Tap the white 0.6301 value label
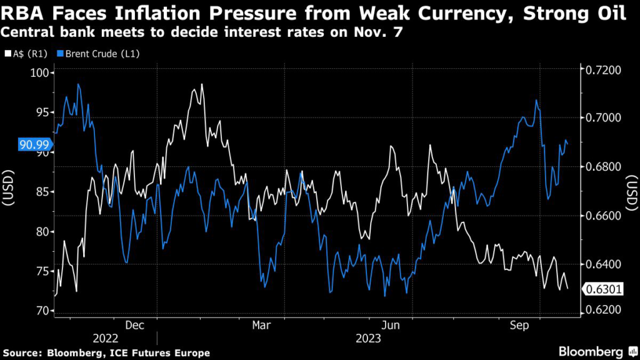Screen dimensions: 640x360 [603, 289]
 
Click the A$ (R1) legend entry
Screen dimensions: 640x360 [26, 54]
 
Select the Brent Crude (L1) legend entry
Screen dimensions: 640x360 [98, 54]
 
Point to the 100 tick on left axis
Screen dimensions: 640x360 [39, 73]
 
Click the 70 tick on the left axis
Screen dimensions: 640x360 [42, 311]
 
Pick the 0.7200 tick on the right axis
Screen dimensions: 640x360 [603, 70]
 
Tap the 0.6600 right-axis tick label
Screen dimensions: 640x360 [603, 216]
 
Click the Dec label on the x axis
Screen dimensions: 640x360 [135, 325]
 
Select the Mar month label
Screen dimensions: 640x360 [261, 325]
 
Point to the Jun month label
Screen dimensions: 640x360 [391, 325]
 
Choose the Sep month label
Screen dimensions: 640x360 [519, 325]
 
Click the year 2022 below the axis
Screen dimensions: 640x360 [105, 338]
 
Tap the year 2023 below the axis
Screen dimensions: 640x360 [368, 338]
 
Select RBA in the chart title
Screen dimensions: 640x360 [22, 14]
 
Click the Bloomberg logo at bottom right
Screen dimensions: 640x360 [597, 351]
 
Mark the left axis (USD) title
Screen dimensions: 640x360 [8, 187]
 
